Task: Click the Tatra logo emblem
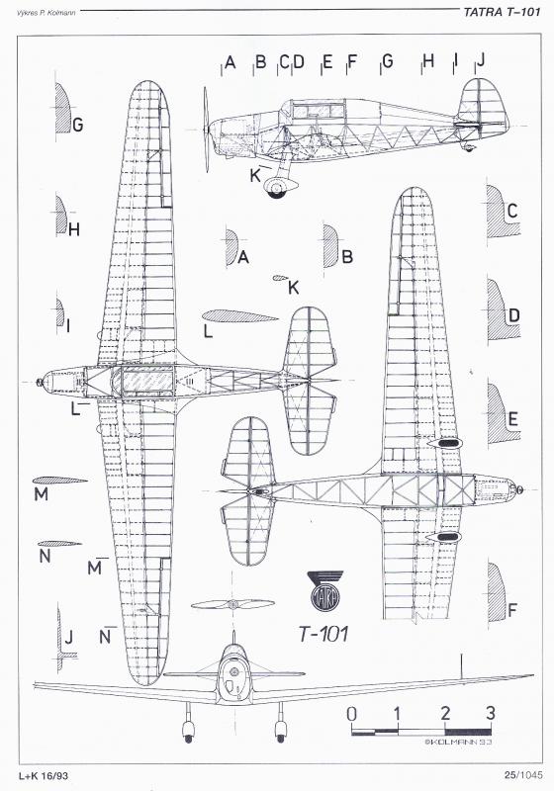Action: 325,591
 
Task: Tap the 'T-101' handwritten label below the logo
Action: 323,634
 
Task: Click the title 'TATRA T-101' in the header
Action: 502,12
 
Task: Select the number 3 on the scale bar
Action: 490,713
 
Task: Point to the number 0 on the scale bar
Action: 351,714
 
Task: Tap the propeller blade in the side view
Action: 206,130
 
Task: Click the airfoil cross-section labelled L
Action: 240,316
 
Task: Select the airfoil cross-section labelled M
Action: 59,481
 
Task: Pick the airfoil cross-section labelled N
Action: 59,544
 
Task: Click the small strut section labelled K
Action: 279,278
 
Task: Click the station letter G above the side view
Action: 388,61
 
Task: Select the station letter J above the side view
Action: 481,60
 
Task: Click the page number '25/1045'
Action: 521,775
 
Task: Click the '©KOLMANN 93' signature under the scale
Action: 458,742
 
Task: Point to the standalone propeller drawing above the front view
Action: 232,604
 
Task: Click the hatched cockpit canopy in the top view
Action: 146,381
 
